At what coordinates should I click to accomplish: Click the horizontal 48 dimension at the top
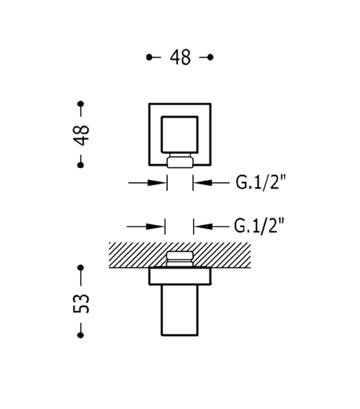180,57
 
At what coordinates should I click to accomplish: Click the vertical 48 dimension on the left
81,135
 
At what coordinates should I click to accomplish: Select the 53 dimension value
81,304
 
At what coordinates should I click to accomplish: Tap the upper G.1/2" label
260,182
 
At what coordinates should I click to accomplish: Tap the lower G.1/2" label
259,226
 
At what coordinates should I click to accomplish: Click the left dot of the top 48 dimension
149,57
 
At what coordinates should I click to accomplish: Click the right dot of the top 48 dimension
210,57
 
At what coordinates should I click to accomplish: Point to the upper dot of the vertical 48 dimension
81,104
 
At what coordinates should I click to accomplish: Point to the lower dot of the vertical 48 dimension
81,165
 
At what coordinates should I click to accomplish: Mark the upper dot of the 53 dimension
81,268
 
